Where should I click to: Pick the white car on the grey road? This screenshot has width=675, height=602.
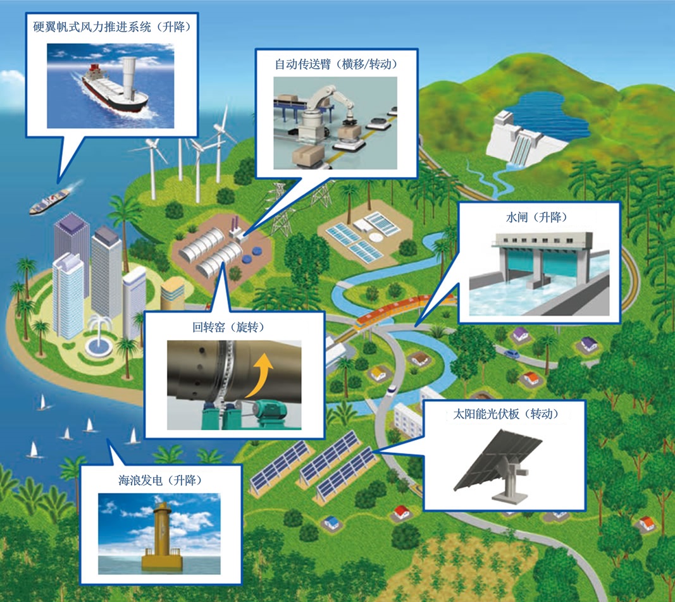point(392,388)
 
